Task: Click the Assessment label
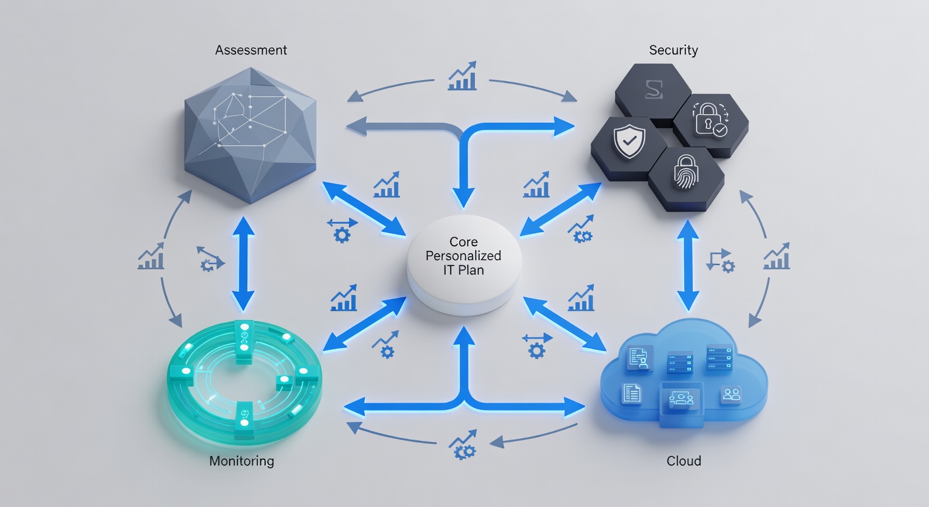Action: [251, 50]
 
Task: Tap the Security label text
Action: [673, 50]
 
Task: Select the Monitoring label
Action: [241, 461]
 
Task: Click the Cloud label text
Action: [684, 461]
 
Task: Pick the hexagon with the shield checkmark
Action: [624, 142]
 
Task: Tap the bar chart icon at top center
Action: [462, 77]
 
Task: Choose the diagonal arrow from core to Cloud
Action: [565, 323]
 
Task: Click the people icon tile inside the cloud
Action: [731, 395]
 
